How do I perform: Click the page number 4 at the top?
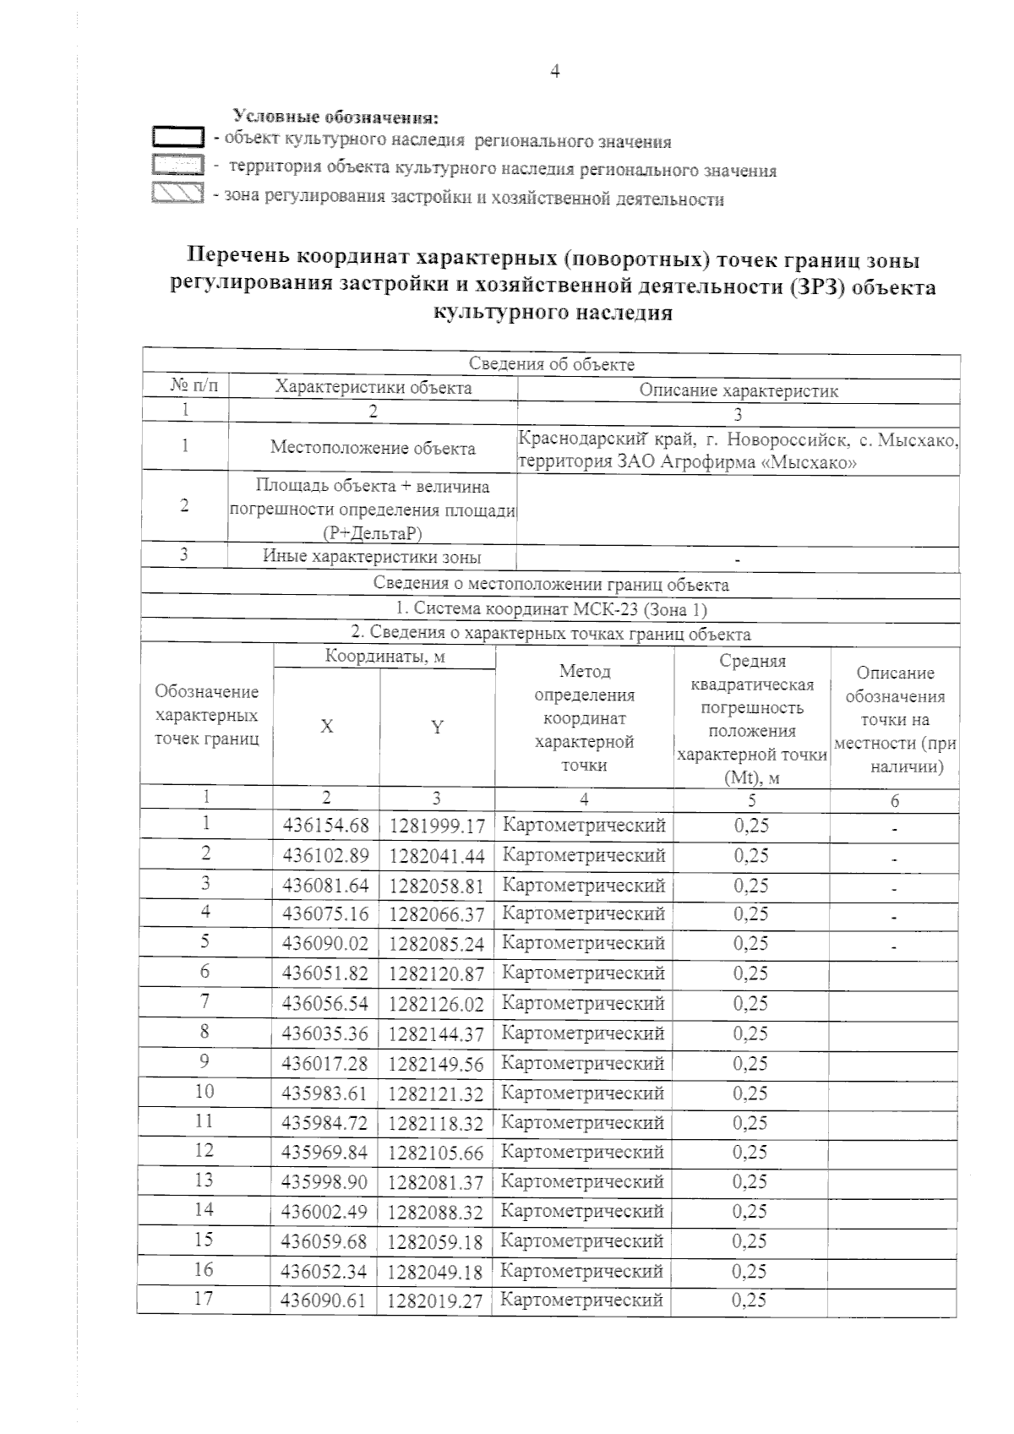click(x=555, y=72)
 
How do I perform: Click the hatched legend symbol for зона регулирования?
click(x=178, y=194)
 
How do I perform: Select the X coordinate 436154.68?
click(x=325, y=825)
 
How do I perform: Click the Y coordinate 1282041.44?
click(x=437, y=856)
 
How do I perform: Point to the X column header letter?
click(x=326, y=727)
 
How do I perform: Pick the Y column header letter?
click(x=437, y=727)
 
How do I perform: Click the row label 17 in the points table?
click(x=204, y=1299)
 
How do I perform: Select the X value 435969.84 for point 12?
click(x=325, y=1153)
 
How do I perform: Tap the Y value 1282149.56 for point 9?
click(x=436, y=1064)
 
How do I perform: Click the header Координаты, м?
click(x=384, y=657)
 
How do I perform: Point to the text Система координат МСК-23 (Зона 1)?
click(x=551, y=609)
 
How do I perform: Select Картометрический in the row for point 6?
click(x=584, y=973)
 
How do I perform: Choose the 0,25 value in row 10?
click(x=750, y=1093)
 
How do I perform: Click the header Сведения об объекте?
click(x=551, y=365)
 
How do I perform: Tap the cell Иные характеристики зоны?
click(x=373, y=558)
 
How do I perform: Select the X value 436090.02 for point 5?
click(x=325, y=944)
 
